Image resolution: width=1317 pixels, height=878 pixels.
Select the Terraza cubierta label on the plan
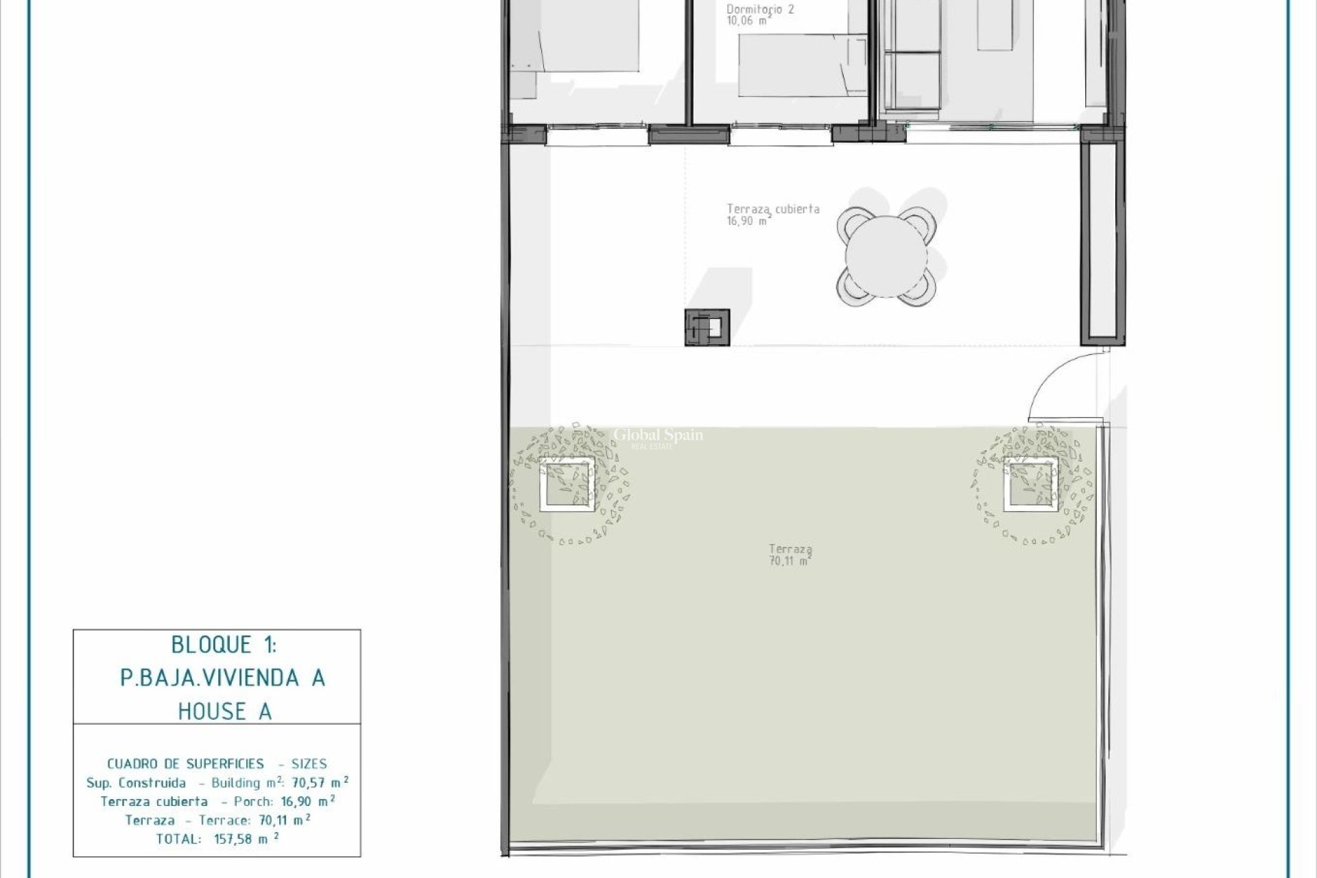coord(773,209)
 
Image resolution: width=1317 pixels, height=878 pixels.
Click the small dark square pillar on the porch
coord(707,327)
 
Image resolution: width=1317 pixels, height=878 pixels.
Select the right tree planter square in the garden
coord(1030,485)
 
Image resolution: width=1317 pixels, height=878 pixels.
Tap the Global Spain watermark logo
coord(658,437)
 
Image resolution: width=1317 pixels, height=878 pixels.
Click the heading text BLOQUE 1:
coord(224,645)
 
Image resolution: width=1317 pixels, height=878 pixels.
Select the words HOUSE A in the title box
coord(225,712)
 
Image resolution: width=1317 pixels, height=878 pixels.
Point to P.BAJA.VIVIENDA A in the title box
coord(223,678)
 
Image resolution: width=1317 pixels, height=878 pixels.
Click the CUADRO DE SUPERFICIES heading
coord(185,763)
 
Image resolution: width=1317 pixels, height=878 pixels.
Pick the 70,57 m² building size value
coord(320,783)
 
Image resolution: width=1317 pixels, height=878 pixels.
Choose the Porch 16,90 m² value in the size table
coord(308,801)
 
